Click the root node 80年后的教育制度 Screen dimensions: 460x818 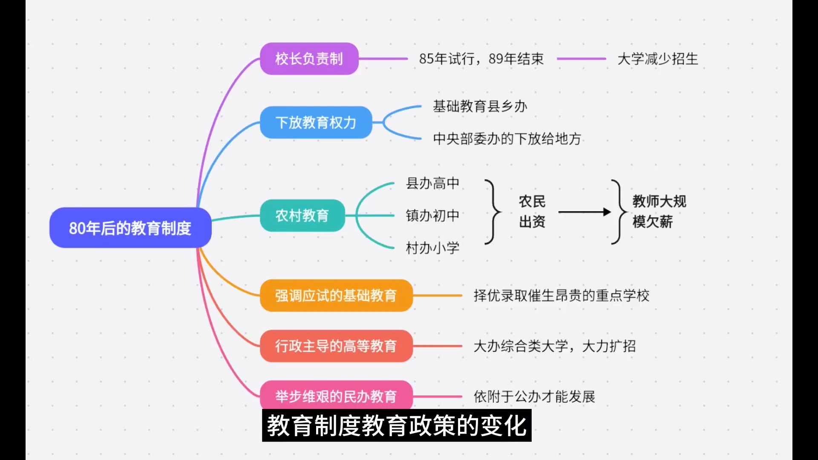click(x=130, y=228)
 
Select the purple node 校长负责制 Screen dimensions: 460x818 click(x=309, y=59)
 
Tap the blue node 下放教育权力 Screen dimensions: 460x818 click(x=316, y=123)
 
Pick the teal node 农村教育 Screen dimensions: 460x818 click(x=302, y=216)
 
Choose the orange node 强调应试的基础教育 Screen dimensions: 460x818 click(x=336, y=296)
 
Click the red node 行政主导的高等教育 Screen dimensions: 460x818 click(x=336, y=346)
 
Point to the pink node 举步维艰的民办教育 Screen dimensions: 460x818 click(x=336, y=396)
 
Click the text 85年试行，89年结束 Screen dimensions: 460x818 click(x=481, y=59)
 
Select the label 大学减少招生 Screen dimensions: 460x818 click(x=657, y=59)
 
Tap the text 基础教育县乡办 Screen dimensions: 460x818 click(x=480, y=106)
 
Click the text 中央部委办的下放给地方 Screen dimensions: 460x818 click(x=507, y=138)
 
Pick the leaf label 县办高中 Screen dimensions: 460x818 click(x=432, y=183)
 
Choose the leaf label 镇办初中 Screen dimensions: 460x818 click(x=432, y=216)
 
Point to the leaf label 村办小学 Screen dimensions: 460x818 click(x=432, y=248)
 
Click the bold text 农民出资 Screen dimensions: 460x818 click(x=532, y=211)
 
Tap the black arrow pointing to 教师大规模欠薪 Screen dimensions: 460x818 click(x=584, y=212)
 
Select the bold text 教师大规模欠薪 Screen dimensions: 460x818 click(x=659, y=211)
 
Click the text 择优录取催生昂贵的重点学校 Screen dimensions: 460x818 click(x=561, y=296)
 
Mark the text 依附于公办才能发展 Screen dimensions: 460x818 click(x=534, y=397)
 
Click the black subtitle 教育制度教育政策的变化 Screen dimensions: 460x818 click(x=397, y=425)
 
